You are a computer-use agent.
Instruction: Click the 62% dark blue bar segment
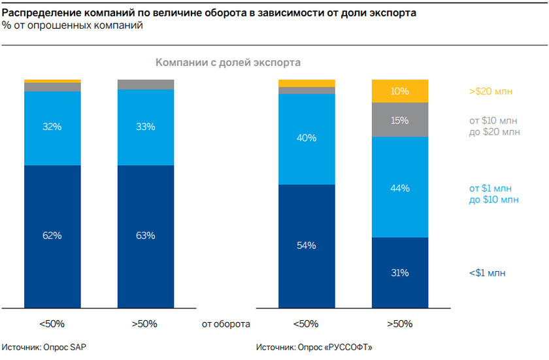tap(52, 235)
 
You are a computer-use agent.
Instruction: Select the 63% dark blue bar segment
tap(146, 235)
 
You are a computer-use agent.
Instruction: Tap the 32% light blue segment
tap(52, 127)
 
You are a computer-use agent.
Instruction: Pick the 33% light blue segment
tap(146, 127)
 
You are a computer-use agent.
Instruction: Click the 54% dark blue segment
tap(307, 245)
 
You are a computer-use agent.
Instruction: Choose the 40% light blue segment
tap(307, 139)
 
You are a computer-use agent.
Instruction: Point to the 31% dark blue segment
tap(399, 272)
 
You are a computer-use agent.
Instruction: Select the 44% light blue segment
tap(399, 188)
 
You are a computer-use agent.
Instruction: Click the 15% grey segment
tap(399, 120)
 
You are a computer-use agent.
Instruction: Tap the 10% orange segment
tap(399, 91)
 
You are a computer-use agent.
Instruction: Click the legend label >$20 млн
tap(490, 91)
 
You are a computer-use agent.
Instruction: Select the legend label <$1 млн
tap(488, 273)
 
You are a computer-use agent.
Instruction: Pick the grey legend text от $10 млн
tap(494, 120)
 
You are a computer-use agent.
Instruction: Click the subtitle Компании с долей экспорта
tap(227, 63)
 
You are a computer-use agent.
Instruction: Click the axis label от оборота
tap(226, 323)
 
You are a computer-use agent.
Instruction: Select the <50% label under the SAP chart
tap(52, 323)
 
